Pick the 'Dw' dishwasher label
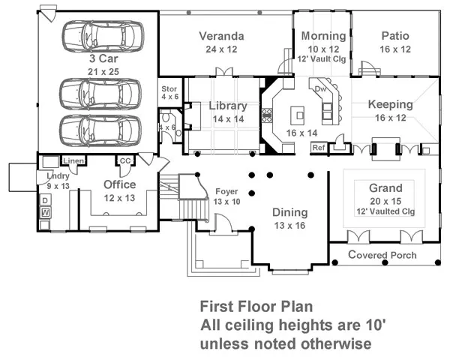[320, 88]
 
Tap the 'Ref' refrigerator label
[318, 147]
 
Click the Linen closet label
[73, 160]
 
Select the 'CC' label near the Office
[124, 160]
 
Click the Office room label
[119, 184]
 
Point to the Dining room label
[289, 212]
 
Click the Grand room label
[385, 188]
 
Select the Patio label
[395, 35]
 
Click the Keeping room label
[390, 104]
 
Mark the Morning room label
[323, 36]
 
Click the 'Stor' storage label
[169, 89]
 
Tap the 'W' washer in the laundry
[45, 213]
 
